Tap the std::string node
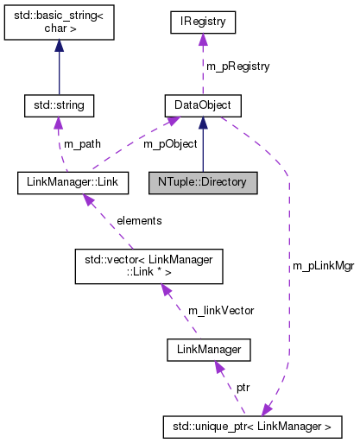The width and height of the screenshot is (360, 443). point(58,105)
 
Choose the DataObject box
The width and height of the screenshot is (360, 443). point(202,105)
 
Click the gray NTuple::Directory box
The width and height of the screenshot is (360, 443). point(202,182)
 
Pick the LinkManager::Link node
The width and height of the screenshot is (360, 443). point(73,182)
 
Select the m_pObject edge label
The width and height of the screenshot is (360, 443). point(169,143)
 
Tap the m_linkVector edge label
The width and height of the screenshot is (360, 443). point(220,310)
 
